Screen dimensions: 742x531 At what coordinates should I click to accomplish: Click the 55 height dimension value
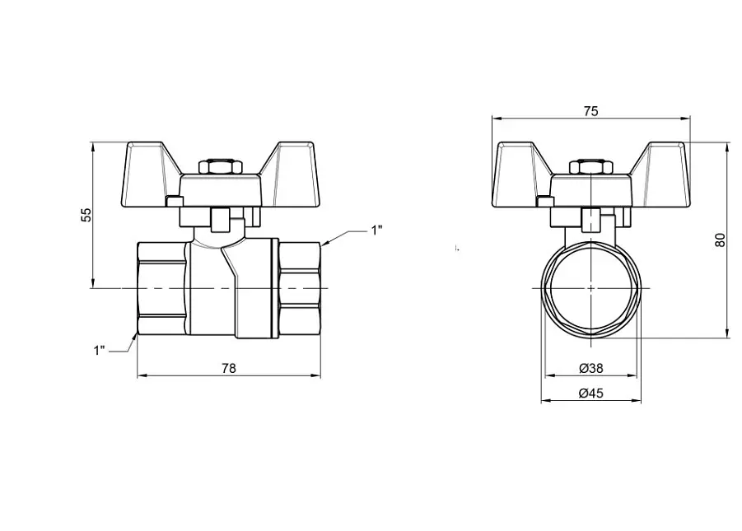[x=86, y=215]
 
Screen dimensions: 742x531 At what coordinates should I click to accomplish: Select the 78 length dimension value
[x=229, y=368]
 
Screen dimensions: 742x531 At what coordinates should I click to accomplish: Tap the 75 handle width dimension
[x=590, y=111]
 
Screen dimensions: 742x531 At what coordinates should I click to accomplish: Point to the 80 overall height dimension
[x=720, y=240]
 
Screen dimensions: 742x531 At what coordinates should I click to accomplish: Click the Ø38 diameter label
[x=591, y=368]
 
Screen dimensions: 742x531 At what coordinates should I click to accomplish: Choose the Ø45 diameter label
[x=591, y=394]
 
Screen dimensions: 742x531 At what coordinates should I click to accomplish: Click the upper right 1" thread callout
[x=376, y=231]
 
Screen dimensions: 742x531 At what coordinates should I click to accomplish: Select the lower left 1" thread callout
[x=100, y=351]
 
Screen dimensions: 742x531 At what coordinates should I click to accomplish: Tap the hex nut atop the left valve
[x=221, y=166]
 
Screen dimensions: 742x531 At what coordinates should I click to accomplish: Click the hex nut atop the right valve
[x=591, y=166]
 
